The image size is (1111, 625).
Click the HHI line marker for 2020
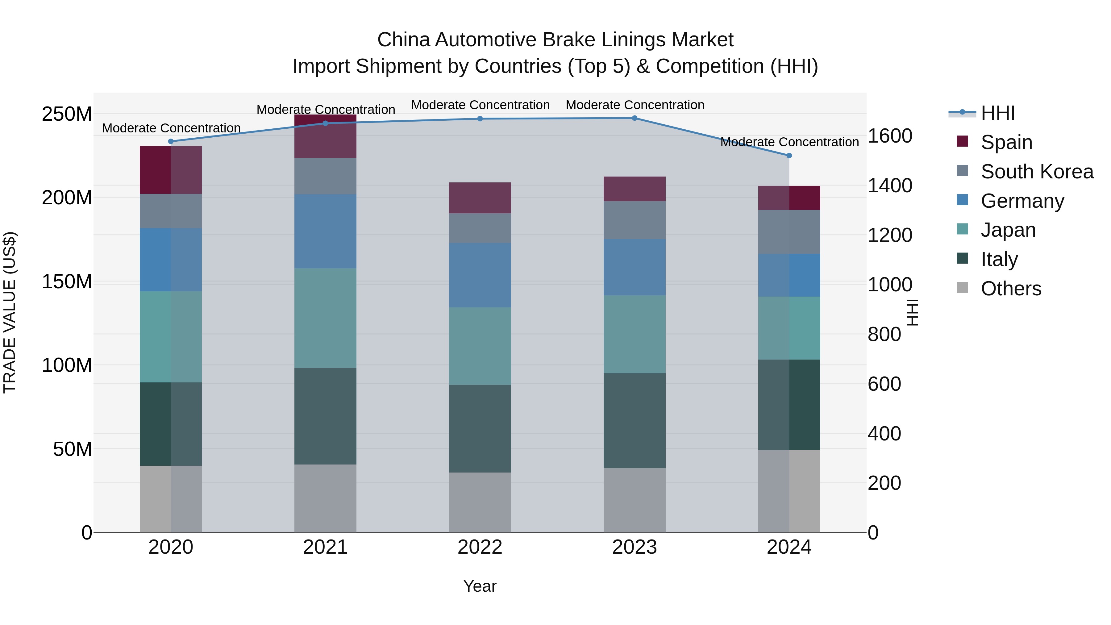point(171,141)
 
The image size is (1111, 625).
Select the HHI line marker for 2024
point(789,156)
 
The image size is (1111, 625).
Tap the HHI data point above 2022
point(480,119)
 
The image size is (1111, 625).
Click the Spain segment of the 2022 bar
point(480,198)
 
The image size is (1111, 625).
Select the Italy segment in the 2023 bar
point(635,421)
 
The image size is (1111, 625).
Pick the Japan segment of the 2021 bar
point(325,318)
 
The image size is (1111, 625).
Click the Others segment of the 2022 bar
point(480,502)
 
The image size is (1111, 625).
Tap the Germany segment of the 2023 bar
point(635,267)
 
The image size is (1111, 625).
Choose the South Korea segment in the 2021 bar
point(325,176)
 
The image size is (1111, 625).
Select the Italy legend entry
point(999,259)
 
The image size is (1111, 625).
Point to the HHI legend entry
point(997,113)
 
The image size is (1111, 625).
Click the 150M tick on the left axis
point(67,282)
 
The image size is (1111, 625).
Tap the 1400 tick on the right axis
point(889,186)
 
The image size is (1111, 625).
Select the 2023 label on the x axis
point(635,547)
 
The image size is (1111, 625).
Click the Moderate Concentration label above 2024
point(789,142)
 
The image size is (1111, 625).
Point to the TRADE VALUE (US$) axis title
point(10,312)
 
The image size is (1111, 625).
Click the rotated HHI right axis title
point(912,312)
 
